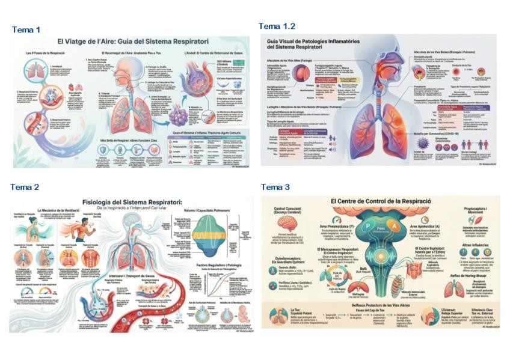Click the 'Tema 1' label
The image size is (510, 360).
(x=25, y=29)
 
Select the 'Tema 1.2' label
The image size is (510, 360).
(x=277, y=26)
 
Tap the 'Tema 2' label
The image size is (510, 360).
(x=25, y=188)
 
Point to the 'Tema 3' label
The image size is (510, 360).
(x=275, y=188)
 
